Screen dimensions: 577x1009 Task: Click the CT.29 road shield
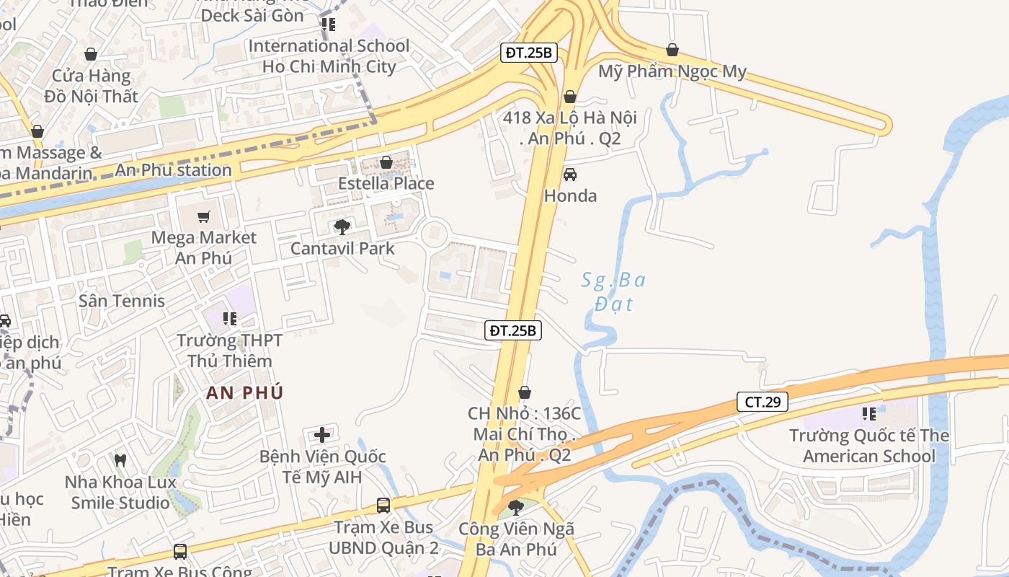(x=763, y=402)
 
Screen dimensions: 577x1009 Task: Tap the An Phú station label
(x=174, y=170)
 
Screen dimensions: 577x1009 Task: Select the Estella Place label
(x=386, y=183)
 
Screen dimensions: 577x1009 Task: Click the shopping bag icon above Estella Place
(x=386, y=162)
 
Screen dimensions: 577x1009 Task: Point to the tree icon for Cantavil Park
(x=342, y=227)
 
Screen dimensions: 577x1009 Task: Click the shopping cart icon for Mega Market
(x=204, y=216)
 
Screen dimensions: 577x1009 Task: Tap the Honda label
(x=570, y=195)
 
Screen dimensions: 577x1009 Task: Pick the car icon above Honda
(x=570, y=175)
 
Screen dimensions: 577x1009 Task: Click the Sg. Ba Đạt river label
(x=613, y=291)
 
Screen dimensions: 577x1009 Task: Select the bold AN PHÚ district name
(x=244, y=393)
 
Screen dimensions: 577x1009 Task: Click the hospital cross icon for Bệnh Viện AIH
(x=322, y=434)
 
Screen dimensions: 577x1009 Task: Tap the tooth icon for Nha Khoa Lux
(x=120, y=459)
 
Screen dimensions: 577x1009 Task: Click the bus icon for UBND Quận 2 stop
(x=383, y=506)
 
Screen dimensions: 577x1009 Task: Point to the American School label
(x=868, y=446)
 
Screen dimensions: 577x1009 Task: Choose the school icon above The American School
(x=869, y=414)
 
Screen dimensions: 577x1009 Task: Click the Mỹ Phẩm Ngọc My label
(x=672, y=71)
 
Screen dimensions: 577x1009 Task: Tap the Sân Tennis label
(x=122, y=301)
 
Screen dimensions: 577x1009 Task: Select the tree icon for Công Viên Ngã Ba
(x=515, y=507)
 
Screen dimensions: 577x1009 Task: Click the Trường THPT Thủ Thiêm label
(x=229, y=350)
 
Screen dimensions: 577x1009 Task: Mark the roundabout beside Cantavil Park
(x=435, y=234)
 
